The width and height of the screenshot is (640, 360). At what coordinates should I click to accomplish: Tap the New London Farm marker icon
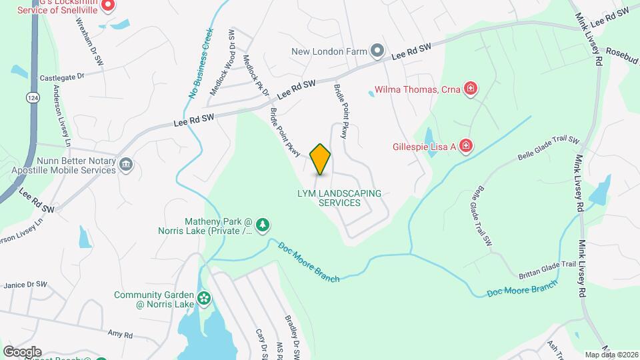point(377,51)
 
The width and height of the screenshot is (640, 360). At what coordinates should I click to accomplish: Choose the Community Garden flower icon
point(203,297)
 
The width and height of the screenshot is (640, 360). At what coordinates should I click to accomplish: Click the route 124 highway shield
point(31,97)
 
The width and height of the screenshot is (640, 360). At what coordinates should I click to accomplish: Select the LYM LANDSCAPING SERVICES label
point(339,198)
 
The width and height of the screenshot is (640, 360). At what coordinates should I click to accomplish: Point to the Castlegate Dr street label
point(62,77)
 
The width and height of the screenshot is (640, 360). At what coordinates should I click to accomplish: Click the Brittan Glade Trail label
point(547,269)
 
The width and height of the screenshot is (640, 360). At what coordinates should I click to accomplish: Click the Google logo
point(22,351)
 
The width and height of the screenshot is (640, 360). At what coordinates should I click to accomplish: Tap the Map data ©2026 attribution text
point(611,355)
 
